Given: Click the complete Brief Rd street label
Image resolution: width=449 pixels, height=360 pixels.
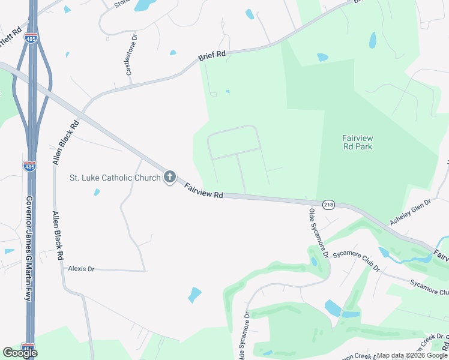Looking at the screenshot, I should point(212,56).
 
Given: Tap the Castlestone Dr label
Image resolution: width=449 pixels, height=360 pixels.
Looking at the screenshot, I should point(131,54).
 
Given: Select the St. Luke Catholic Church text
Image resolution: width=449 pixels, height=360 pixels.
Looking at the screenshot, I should point(115,178).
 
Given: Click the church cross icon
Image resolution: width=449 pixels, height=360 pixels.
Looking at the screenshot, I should point(170,177).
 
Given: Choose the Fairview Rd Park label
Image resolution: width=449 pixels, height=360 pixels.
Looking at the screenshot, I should point(357,142).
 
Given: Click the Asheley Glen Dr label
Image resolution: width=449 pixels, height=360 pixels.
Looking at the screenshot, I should point(411,212).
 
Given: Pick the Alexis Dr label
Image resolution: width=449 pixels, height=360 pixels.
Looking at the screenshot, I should point(82,269).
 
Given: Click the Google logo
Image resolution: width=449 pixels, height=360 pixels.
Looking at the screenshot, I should point(20,352).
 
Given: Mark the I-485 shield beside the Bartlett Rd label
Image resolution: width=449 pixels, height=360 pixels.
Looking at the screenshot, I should point(31,38).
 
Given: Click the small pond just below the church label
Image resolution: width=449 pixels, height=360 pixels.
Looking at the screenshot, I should point(96,193).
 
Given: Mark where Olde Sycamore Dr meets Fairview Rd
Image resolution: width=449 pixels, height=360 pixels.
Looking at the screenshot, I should point(307,200).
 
